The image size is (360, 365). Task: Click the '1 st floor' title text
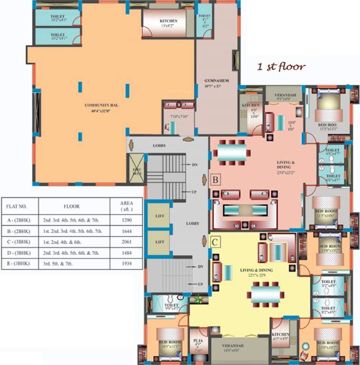[281, 67]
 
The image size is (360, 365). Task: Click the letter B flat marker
[215, 180]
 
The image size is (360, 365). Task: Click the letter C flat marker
[215, 242]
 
